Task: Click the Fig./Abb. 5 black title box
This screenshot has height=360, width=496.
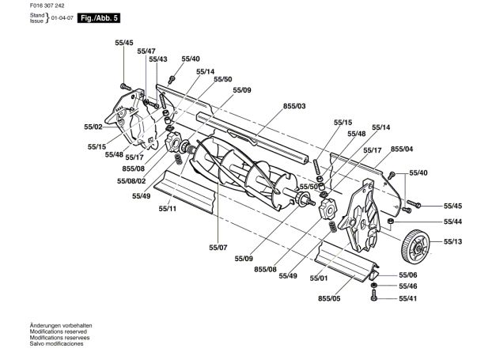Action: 99,18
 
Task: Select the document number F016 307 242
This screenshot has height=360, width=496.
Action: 47,6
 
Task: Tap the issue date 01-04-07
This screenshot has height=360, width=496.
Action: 62,18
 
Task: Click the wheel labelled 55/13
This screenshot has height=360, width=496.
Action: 417,246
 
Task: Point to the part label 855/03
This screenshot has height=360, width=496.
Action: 294,106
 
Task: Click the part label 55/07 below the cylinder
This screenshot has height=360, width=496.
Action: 218,248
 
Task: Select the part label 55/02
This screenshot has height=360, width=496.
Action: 93,127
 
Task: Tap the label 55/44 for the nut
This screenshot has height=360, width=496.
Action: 452,222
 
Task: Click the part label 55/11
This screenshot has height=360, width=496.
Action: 168,209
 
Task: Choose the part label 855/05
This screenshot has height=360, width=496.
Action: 329,298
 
